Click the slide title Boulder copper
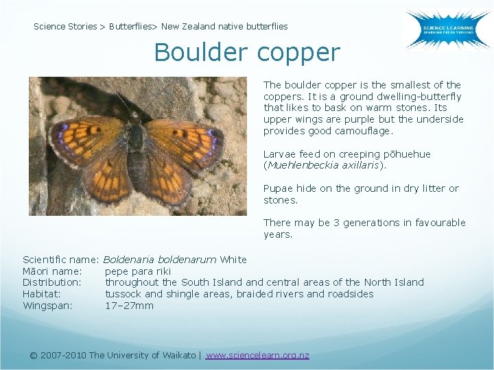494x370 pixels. (247, 53)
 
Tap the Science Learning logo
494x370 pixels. (447, 29)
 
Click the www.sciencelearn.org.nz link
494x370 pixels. (257, 355)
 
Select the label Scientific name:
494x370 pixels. (61, 260)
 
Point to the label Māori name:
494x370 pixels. (52, 271)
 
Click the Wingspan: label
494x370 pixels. (47, 306)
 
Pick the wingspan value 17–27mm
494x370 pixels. (129, 306)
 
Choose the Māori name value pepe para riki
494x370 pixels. (138, 271)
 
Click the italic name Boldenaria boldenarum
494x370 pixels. (160, 260)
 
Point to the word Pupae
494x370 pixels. (279, 188)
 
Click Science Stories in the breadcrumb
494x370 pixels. (65, 27)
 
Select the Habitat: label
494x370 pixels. (42, 294)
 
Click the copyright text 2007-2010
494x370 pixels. (64, 355)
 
